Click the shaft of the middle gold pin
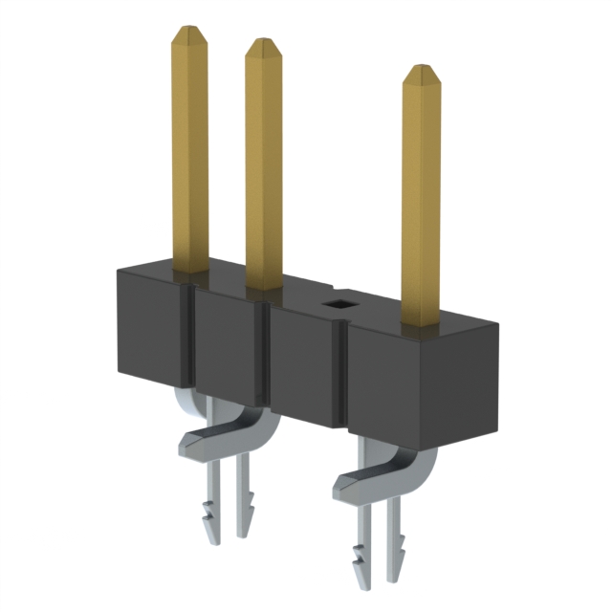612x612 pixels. [x=265, y=163]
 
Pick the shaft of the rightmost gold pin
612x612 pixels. [x=421, y=201]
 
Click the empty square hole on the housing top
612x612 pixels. [x=338, y=305]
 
